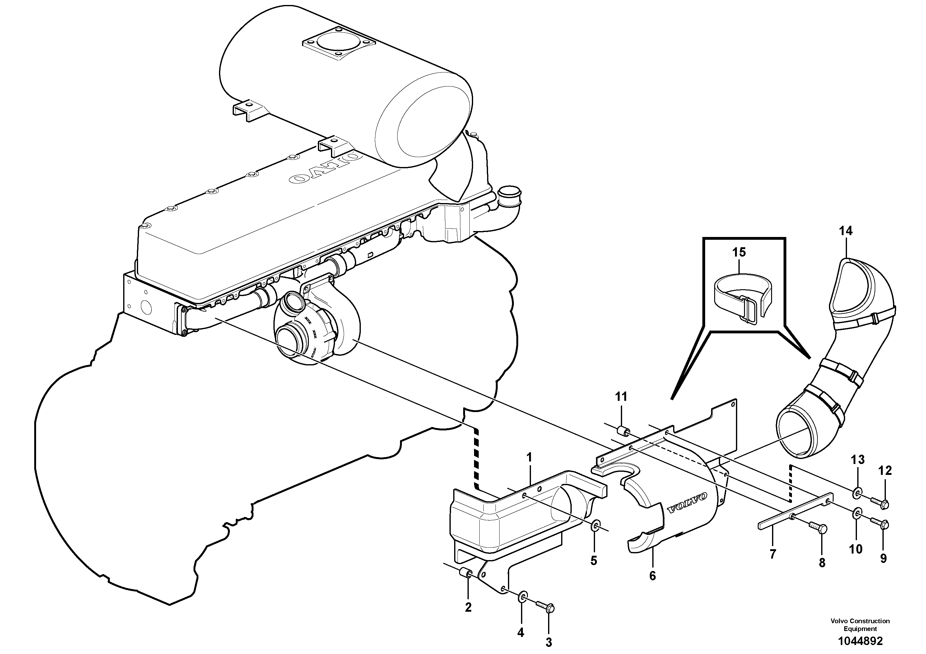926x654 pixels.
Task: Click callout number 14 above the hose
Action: pyautogui.click(x=846, y=231)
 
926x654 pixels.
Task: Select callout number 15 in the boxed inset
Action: pyautogui.click(x=739, y=253)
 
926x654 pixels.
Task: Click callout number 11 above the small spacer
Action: pyautogui.click(x=621, y=397)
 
